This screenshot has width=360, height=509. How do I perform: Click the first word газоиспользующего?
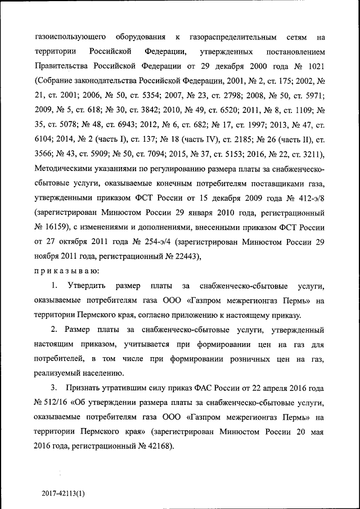[70, 38]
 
